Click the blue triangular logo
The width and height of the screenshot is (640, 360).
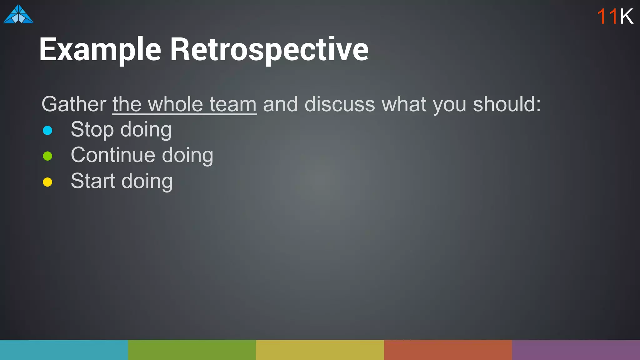tap(18, 14)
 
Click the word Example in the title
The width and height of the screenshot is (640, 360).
tap(100, 49)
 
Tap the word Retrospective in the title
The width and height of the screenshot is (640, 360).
tap(269, 49)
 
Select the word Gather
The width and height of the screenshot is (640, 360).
tap(74, 104)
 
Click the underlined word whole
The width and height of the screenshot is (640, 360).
tap(175, 104)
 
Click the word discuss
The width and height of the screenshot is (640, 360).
tap(339, 104)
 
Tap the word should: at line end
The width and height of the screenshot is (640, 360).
tap(507, 104)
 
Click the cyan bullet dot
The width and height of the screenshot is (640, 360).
tap(47, 130)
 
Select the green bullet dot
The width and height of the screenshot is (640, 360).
tap(47, 156)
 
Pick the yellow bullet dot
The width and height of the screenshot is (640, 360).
tap(47, 182)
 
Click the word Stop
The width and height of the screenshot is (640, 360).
tap(92, 129)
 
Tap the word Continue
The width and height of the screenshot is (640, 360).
tap(113, 155)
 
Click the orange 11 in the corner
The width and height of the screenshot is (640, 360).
tap(607, 16)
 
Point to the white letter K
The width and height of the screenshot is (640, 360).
tap(627, 16)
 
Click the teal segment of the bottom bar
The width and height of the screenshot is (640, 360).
tap(64, 350)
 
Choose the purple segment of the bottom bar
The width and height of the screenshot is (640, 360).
tap(576, 350)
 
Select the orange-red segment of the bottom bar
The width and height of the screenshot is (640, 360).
tap(448, 350)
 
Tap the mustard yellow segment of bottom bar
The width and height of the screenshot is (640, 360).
tap(320, 350)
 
